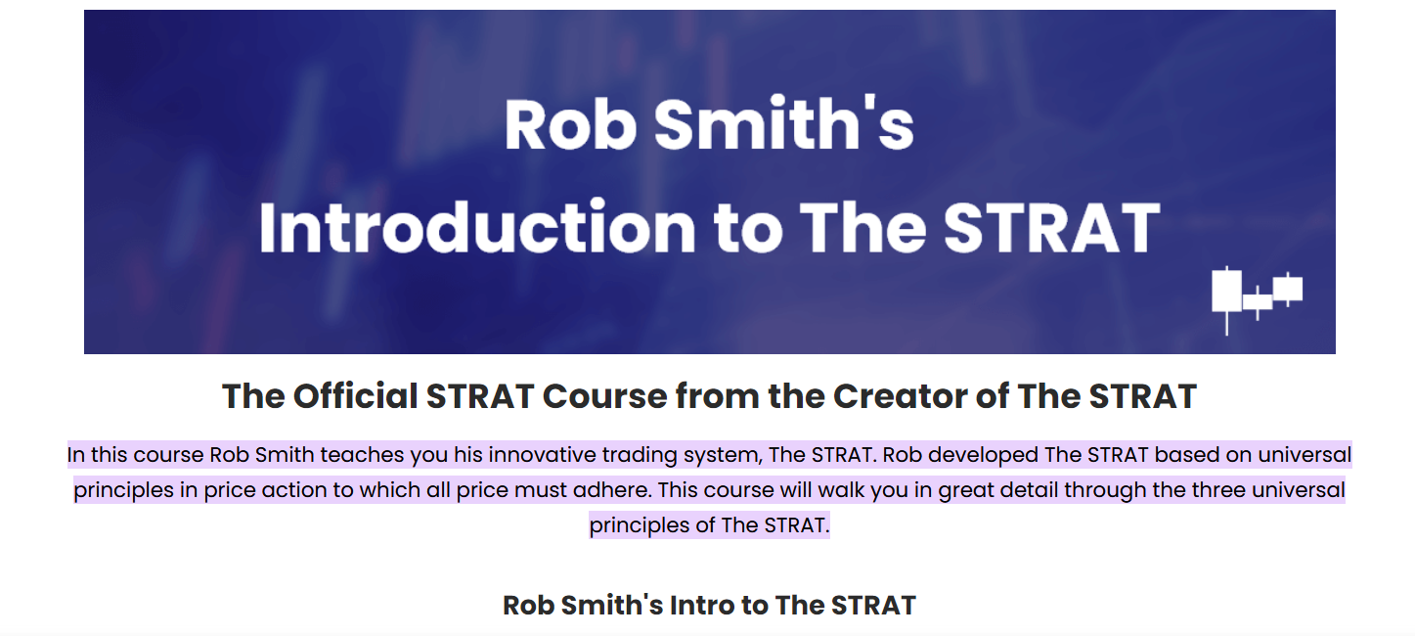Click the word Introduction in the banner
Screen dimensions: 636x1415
point(476,227)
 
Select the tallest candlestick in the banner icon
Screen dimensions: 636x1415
point(1226,291)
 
